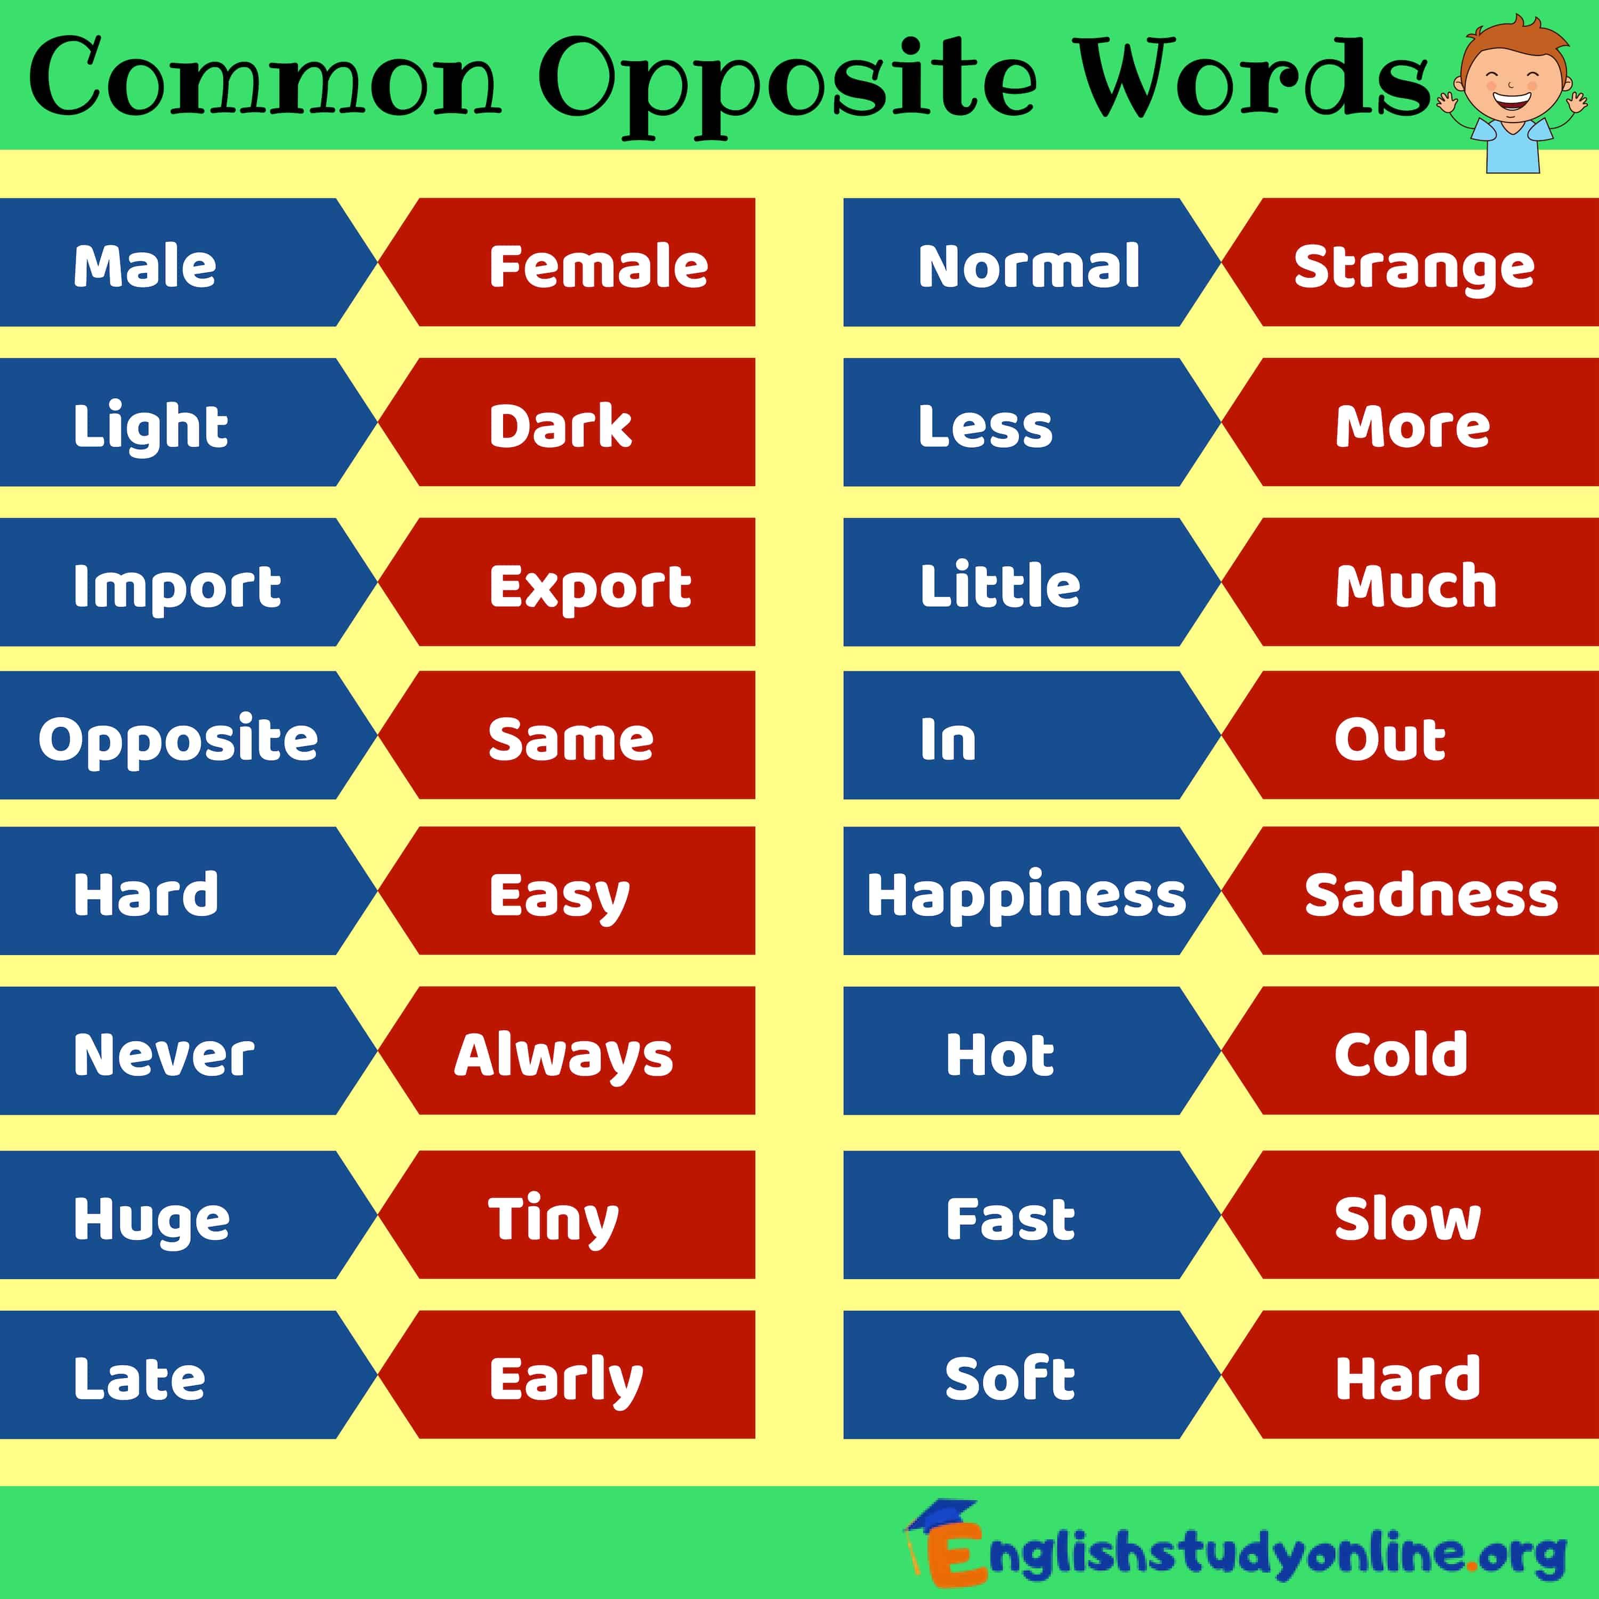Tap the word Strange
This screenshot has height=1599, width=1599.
[1414, 268]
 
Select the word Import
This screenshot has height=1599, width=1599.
[177, 587]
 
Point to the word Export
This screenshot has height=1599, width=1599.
[590, 587]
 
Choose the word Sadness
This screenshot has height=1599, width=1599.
[1431, 895]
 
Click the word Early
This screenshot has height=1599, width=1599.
[566, 1380]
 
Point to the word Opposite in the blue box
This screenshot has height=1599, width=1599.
[178, 739]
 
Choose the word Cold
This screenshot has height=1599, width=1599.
[1400, 1054]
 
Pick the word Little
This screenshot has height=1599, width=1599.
[1000, 585]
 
